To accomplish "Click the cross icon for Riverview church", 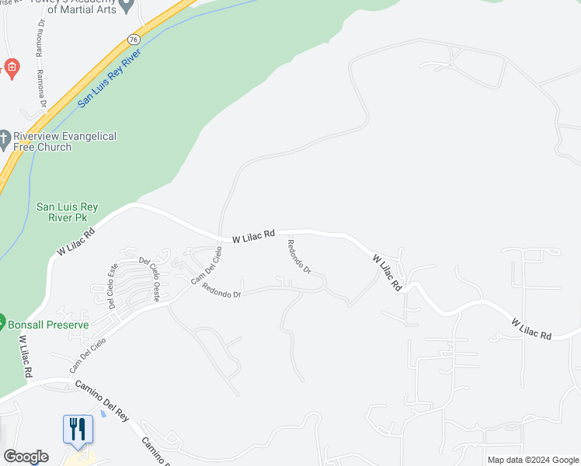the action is [x=5, y=141].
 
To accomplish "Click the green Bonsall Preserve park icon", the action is [x=2, y=322].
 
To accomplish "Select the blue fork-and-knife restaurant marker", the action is [x=78, y=429].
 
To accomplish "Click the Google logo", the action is [x=26, y=457].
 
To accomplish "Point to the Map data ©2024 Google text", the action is [x=532, y=460].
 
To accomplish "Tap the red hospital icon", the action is [x=11, y=68].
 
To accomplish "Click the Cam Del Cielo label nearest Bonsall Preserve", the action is [x=87, y=355].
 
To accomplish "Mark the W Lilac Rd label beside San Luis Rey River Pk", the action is [x=75, y=242].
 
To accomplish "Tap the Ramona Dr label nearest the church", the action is [x=42, y=88].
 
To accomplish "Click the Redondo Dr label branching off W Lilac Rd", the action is [x=298, y=258].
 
